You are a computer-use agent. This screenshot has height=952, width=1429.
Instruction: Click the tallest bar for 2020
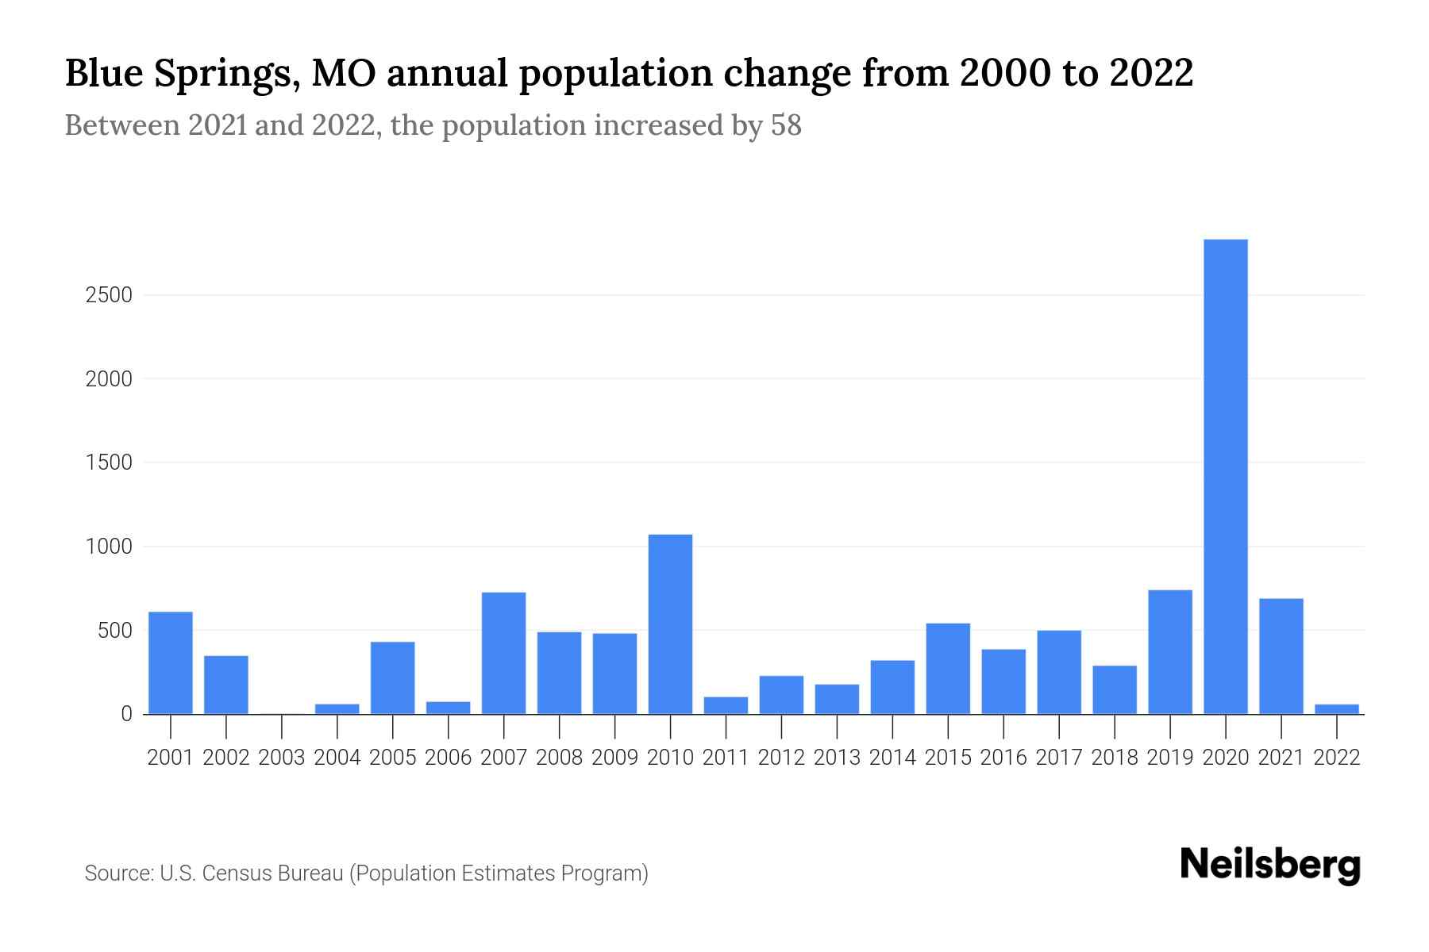(x=1225, y=476)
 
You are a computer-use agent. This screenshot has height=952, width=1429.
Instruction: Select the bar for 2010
(x=670, y=624)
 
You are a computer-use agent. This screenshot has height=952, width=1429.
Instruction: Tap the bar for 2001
(x=171, y=662)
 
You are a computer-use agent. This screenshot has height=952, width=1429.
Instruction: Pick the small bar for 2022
(x=1336, y=708)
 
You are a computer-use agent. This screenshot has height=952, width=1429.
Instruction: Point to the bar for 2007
(x=503, y=653)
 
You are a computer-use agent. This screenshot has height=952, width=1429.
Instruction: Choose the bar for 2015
(x=948, y=669)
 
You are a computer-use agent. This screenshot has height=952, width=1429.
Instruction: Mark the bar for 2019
(x=1169, y=652)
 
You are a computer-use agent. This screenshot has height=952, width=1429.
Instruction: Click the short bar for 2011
(x=726, y=705)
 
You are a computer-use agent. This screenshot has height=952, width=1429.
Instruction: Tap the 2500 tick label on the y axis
(x=108, y=295)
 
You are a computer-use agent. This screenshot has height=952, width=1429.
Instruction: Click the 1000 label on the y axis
(x=108, y=547)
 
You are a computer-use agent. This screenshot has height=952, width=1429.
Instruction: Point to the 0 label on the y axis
(x=125, y=714)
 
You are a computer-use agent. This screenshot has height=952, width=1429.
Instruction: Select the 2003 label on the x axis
(x=282, y=758)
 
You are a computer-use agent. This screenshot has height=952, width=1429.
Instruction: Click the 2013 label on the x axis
(x=837, y=758)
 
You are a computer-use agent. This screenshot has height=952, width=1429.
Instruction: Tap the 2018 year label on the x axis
(x=1114, y=758)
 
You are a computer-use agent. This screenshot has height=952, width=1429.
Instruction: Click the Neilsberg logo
(x=1270, y=865)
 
